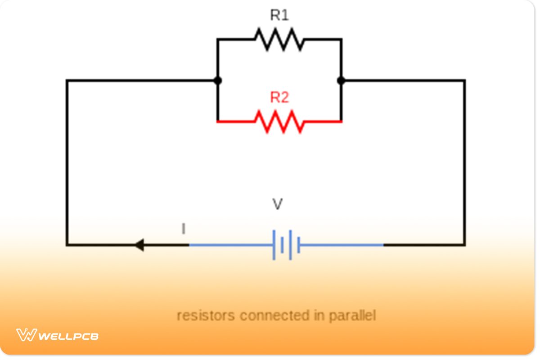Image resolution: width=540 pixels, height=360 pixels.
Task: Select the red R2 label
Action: pos(279,98)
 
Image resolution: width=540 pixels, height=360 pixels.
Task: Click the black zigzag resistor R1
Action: pos(279,39)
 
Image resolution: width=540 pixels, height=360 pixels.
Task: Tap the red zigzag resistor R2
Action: pos(279,121)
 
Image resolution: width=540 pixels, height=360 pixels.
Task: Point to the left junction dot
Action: pos(218,81)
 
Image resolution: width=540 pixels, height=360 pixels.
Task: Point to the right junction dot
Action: pos(341,81)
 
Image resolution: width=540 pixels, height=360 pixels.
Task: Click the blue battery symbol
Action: pos(286,245)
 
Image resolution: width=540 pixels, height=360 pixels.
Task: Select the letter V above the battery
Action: pos(278,205)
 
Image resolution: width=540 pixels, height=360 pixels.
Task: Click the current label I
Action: pos(183,229)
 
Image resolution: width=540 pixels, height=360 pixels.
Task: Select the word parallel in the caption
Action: pos(352,316)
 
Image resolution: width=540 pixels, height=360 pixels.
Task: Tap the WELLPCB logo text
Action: pos(68,336)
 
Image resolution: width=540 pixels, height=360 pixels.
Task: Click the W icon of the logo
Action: pos(26,335)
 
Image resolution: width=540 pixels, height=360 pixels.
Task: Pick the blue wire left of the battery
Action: pos(229,245)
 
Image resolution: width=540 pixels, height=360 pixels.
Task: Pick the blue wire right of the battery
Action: pos(342,245)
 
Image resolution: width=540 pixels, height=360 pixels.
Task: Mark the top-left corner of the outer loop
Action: pos(67,81)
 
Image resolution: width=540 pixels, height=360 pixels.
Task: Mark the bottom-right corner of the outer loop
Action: pos(464,245)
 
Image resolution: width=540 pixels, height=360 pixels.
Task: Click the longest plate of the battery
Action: pos(274,245)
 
